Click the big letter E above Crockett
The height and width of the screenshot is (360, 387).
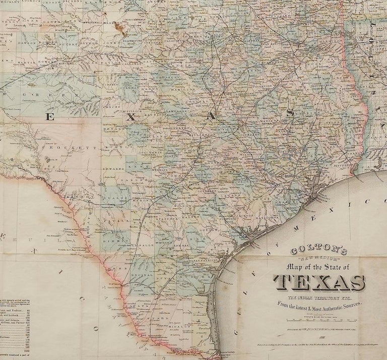click(50, 117)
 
